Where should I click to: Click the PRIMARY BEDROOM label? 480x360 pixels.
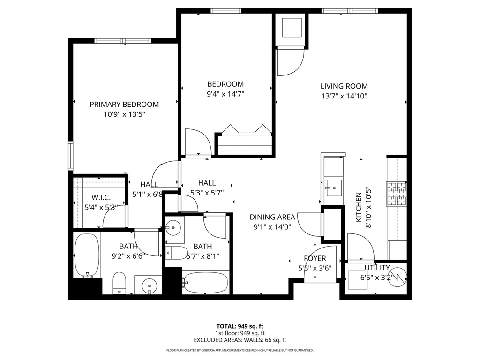click(124, 105)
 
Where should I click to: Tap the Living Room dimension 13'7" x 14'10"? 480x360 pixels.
click(344, 96)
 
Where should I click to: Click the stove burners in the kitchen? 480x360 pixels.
click(397, 194)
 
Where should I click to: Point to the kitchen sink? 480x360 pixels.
click(334, 188)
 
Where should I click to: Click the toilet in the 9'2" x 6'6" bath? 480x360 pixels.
click(120, 283)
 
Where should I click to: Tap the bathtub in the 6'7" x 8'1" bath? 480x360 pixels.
click(205, 282)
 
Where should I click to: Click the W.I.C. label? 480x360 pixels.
click(101, 198)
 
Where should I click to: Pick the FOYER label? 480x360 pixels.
click(315, 258)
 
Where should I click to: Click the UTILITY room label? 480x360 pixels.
click(377, 268)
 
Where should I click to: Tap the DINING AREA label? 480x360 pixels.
click(272, 217)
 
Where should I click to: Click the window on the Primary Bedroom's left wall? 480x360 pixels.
click(71, 156)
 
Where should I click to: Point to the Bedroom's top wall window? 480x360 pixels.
click(226, 11)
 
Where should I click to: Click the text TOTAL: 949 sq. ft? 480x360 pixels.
click(240, 326)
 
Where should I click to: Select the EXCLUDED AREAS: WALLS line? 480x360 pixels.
click(240, 340)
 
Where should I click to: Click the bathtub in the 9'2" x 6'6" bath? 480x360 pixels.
click(87, 255)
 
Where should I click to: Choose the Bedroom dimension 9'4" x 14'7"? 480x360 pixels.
click(225, 94)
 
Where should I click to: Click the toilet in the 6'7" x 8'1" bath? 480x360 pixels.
click(177, 253)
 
